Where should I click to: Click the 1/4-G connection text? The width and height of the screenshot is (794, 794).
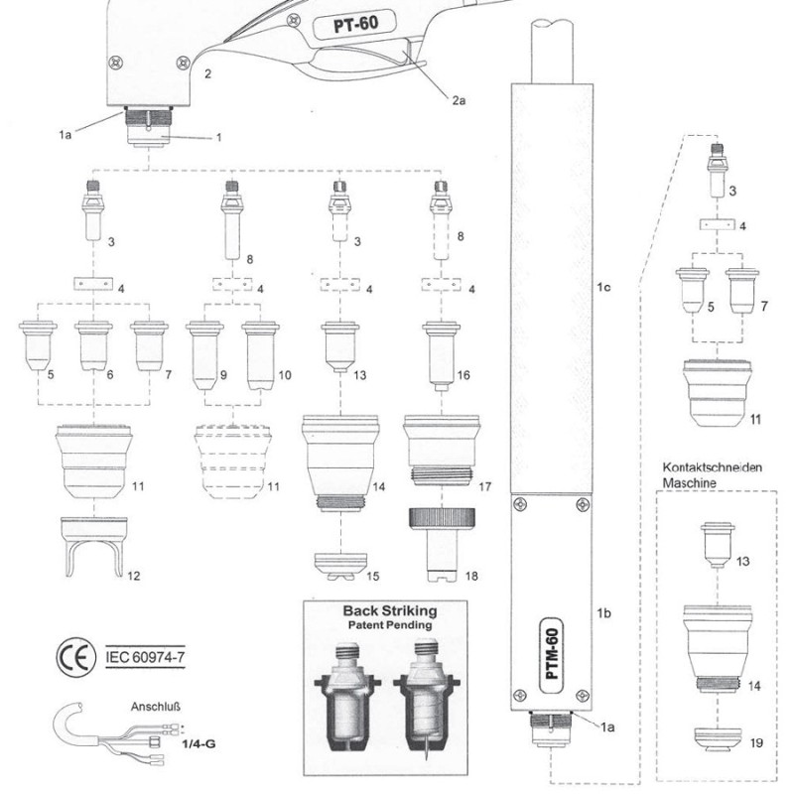click(x=201, y=741)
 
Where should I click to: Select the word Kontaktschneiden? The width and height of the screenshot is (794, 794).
click(x=712, y=467)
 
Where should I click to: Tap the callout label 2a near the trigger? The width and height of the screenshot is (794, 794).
click(x=460, y=99)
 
